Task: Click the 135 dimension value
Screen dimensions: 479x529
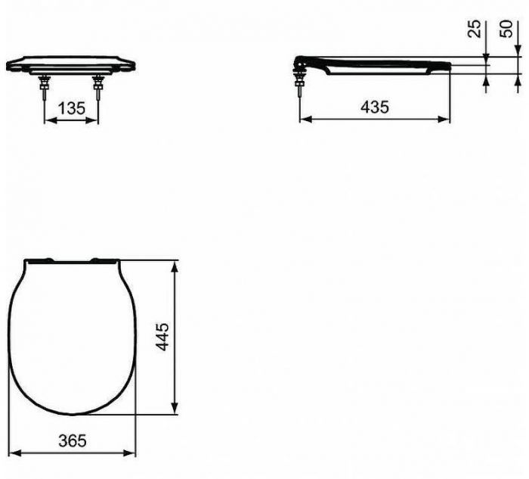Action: (71, 108)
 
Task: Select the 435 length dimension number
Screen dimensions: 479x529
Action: (374, 107)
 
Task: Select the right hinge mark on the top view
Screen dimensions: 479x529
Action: (97, 261)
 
